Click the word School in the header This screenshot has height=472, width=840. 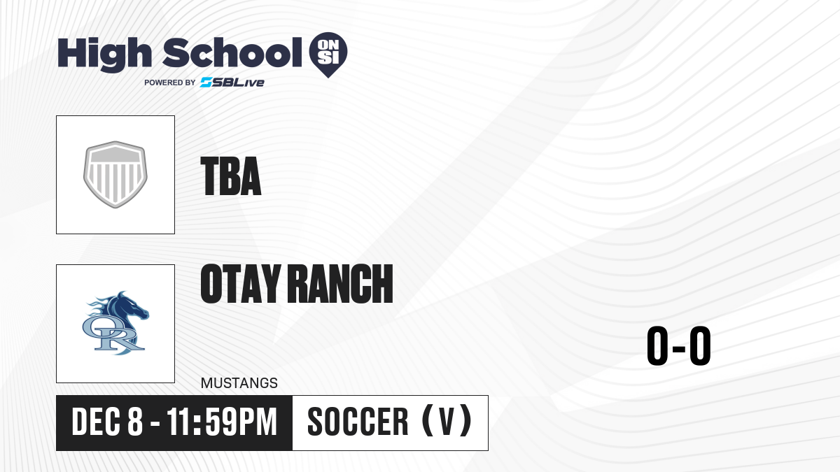[232, 52]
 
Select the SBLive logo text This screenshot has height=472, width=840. [232, 83]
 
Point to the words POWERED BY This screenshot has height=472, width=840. [170, 83]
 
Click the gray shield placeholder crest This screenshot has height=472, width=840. [115, 174]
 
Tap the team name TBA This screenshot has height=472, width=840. [231, 176]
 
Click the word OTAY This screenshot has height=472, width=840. [241, 283]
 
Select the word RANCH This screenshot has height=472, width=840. [342, 283]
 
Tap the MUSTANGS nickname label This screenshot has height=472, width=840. [239, 383]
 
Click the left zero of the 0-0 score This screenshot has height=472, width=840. [657, 345]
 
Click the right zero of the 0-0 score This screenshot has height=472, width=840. [700, 345]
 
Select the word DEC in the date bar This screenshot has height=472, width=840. [96, 422]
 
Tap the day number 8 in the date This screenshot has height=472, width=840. [135, 422]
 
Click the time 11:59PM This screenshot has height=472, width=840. [222, 422]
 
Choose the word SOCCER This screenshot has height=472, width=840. [358, 422]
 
